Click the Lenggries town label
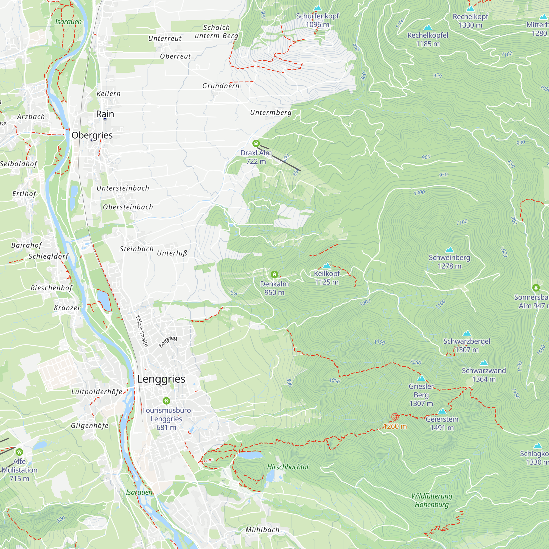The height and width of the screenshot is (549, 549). [161, 379]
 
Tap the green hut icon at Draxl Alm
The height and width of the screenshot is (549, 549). [256, 143]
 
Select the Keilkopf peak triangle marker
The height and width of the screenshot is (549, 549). [327, 266]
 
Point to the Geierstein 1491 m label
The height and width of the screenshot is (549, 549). [442, 423]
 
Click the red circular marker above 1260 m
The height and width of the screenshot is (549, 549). [395, 417]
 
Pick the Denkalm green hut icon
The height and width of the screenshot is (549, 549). [274, 274]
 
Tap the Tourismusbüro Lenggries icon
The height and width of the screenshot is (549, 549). [166, 401]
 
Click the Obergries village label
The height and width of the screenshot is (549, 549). [92, 135]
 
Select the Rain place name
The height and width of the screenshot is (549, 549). [105, 114]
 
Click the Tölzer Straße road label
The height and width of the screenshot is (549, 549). [142, 331]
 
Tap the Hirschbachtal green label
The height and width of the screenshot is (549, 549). [288, 467]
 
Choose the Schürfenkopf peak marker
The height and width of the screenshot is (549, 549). [317, 8]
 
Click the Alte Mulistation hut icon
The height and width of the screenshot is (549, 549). [19, 452]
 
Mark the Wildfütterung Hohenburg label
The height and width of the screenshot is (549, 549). [432, 500]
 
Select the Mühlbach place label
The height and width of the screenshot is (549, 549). [262, 530]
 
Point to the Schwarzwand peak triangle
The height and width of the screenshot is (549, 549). [484, 363]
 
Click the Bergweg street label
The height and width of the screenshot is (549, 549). [168, 341]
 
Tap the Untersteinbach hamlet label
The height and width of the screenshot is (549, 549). [123, 188]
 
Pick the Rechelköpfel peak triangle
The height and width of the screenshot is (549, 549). [428, 27]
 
